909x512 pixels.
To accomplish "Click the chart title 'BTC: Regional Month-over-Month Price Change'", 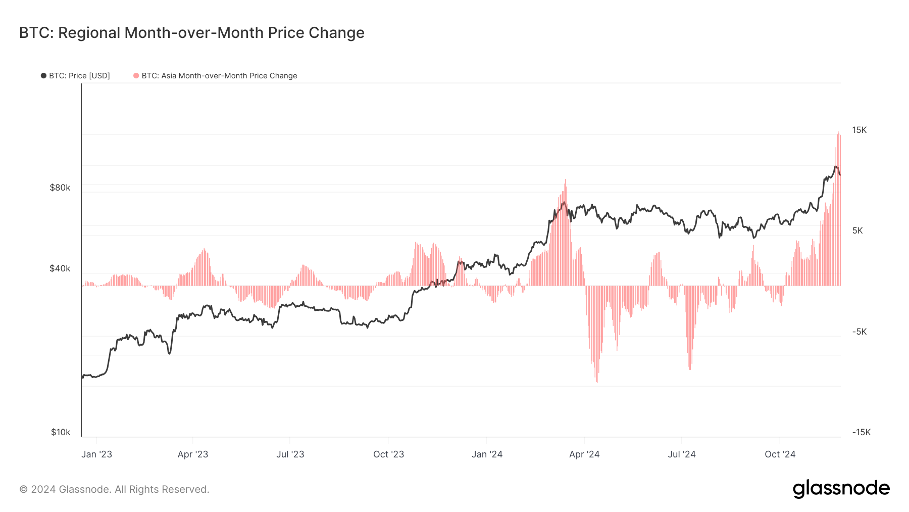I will (x=191, y=33).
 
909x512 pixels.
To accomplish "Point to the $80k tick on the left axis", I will (x=60, y=188).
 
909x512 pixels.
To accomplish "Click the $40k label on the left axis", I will (x=60, y=268).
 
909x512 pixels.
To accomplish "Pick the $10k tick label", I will (x=61, y=432).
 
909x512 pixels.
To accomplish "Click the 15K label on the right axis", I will (x=859, y=130).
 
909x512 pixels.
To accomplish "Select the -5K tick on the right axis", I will (x=859, y=332).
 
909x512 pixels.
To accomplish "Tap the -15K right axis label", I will (x=861, y=432).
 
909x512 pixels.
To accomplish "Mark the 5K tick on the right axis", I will (x=857, y=230).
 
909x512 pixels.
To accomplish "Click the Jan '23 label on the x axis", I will (x=96, y=454).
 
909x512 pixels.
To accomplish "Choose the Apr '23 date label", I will (x=193, y=454).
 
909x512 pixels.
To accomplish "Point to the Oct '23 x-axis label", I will (x=388, y=454).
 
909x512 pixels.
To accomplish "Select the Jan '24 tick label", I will (x=487, y=454).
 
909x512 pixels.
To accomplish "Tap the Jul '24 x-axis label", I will (x=681, y=454).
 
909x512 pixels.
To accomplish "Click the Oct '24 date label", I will (x=780, y=454).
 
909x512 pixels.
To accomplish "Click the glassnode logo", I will (x=841, y=489).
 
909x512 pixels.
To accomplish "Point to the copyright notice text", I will (x=114, y=489).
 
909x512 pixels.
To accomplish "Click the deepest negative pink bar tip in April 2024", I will (x=597, y=381).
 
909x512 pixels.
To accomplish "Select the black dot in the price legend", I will (x=43, y=76).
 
